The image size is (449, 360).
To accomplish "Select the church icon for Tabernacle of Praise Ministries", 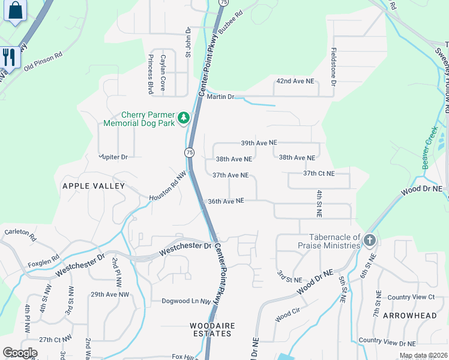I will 369,241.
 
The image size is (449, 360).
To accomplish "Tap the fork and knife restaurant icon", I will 8,57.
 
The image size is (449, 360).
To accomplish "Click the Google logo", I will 20,353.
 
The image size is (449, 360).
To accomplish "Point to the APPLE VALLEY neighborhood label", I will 94,186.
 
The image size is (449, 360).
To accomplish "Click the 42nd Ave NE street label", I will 295,80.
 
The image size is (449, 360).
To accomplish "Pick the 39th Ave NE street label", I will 259,143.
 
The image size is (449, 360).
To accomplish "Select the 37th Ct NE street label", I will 327,173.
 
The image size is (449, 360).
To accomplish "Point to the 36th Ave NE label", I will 226,201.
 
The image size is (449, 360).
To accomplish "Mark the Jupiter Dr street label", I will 114,157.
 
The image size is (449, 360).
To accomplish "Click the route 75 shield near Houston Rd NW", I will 190,152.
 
